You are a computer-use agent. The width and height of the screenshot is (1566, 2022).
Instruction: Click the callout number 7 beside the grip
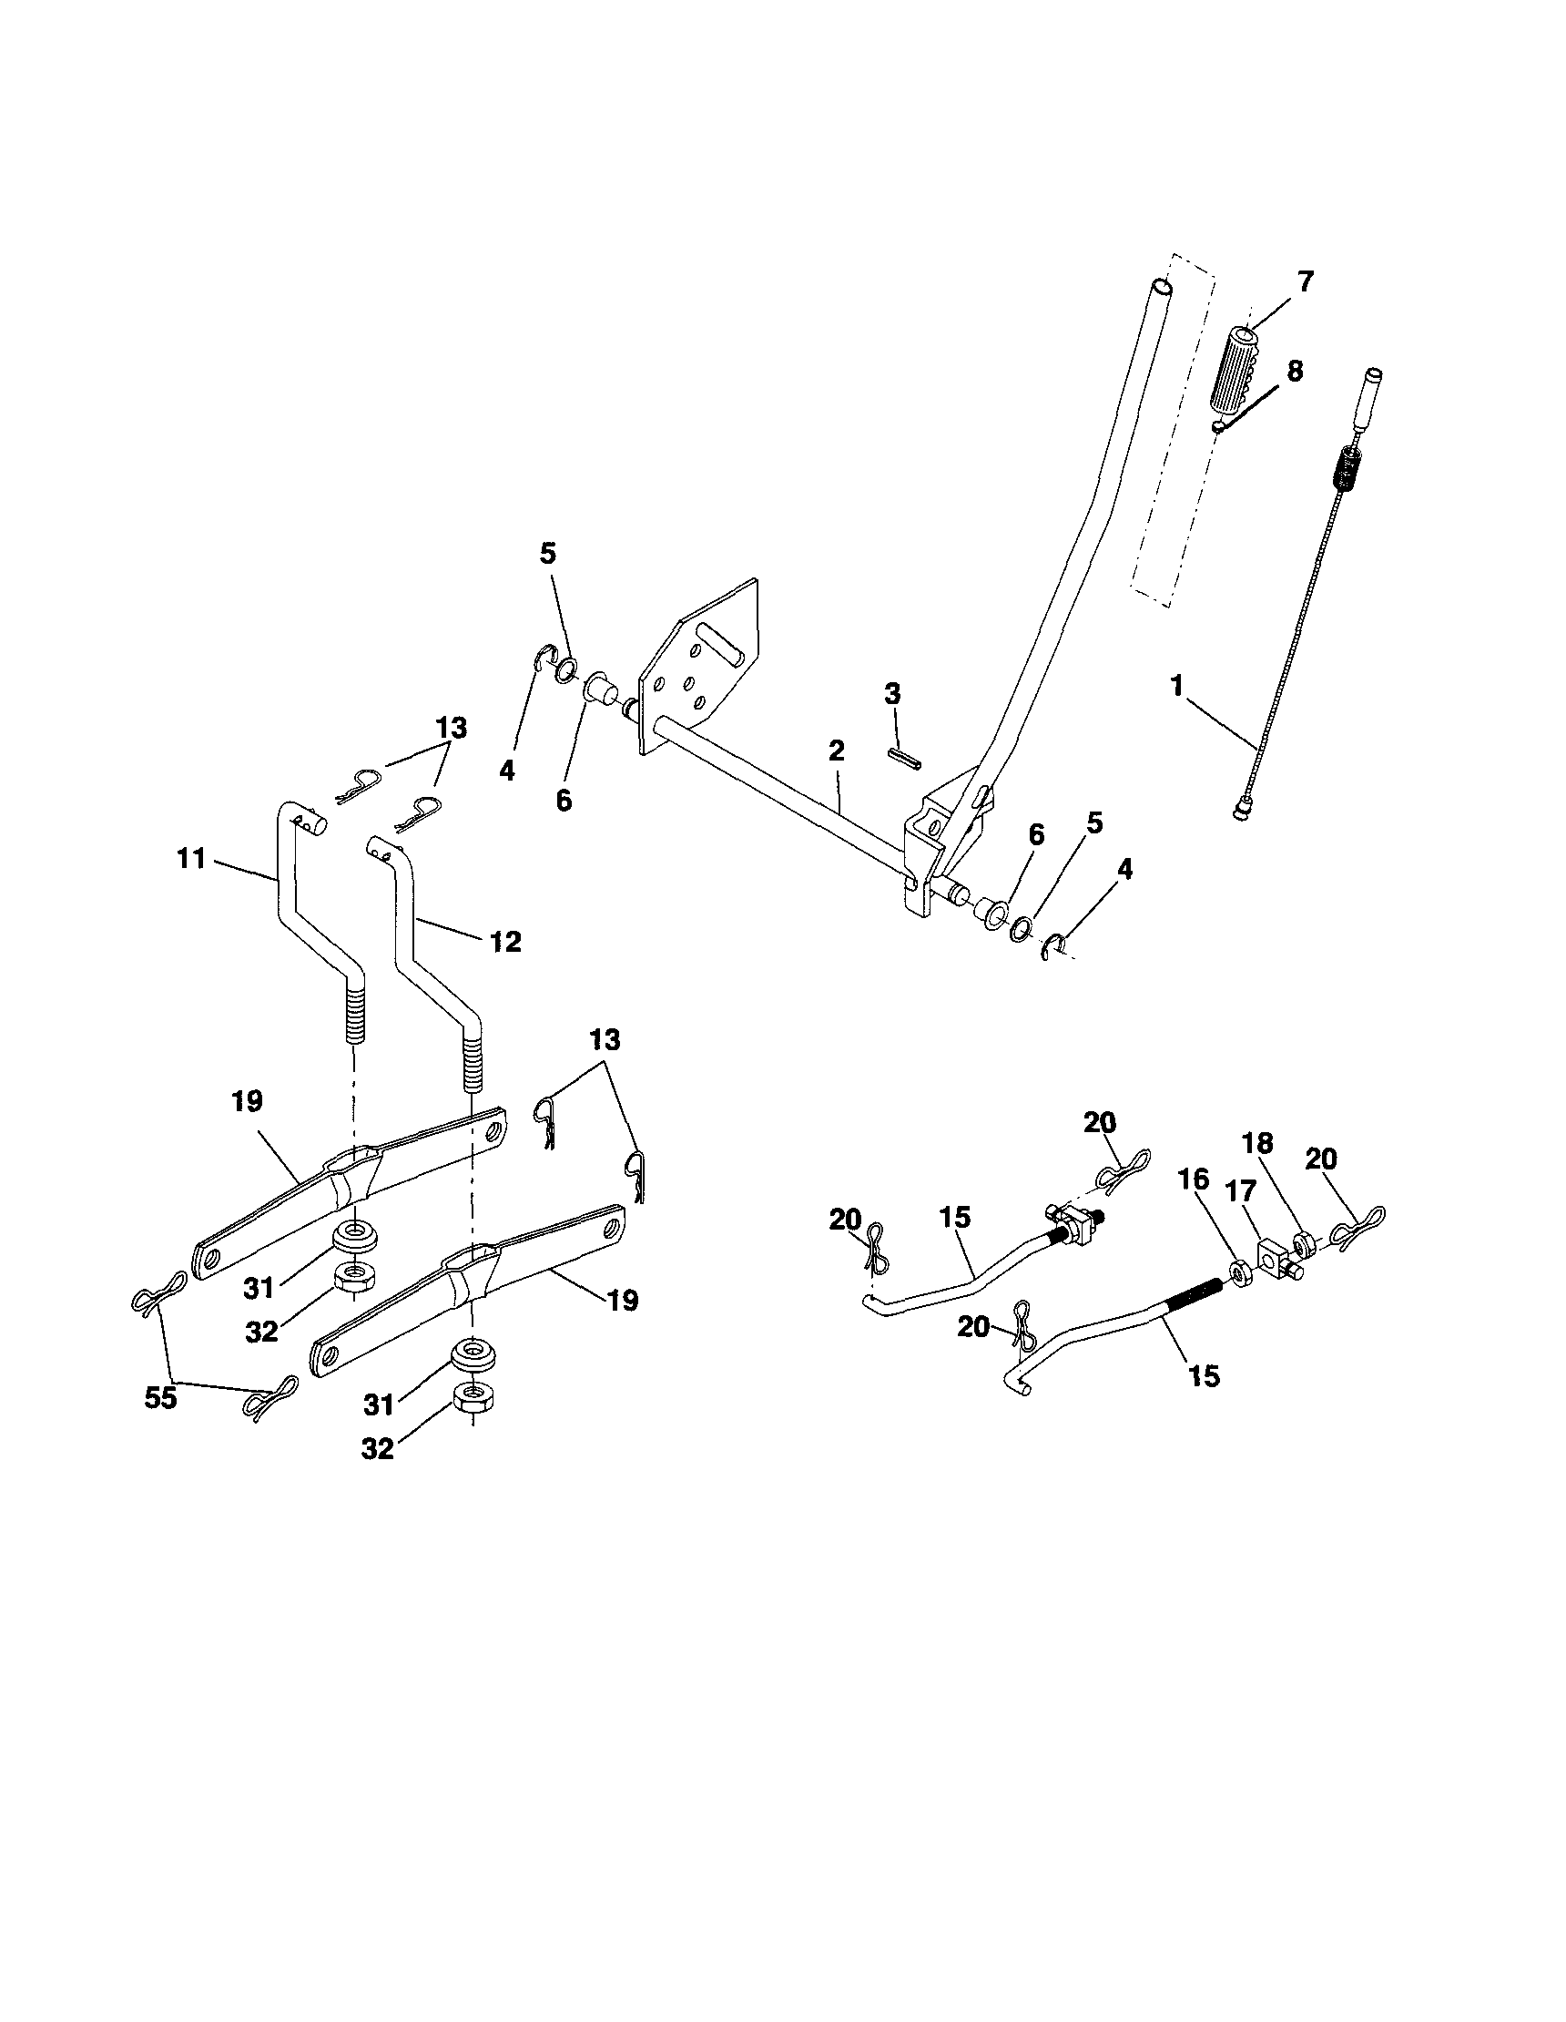(1305, 281)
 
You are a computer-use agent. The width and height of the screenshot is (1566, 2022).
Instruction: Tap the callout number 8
(1294, 372)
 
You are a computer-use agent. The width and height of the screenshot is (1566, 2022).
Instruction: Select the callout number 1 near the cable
(1176, 687)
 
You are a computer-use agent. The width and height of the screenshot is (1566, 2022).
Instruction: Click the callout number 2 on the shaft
(836, 751)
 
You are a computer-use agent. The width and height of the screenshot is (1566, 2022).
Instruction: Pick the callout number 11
(190, 859)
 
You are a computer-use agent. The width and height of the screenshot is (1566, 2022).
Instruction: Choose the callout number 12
(505, 943)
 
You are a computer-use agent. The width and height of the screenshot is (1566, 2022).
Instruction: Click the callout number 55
(160, 1398)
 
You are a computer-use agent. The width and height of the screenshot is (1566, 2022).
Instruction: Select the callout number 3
(892, 694)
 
